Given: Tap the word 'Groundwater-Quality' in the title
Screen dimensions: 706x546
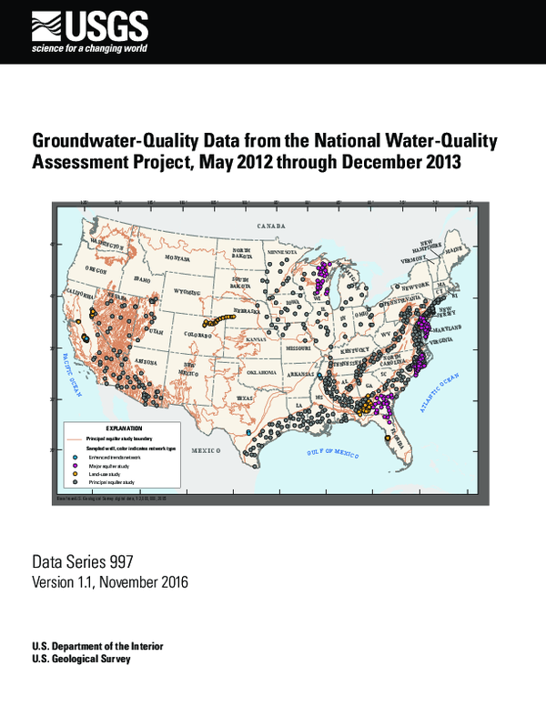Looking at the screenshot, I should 110,142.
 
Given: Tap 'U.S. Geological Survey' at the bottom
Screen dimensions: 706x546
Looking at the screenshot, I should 80,659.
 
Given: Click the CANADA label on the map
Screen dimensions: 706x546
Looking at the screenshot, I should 270,224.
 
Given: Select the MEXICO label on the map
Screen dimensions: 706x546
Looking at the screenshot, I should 207,450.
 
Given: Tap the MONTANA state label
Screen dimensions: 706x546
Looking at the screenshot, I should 177,258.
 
